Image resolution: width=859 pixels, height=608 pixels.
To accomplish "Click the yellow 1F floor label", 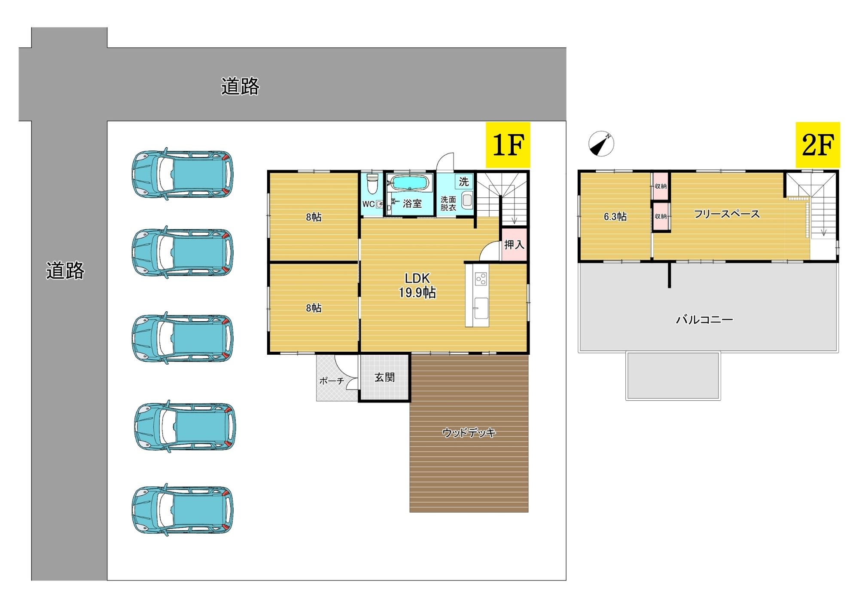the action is click(x=508, y=145).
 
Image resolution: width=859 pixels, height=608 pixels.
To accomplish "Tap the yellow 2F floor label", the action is click(x=818, y=145).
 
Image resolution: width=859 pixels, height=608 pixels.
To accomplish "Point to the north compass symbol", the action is click(x=601, y=144).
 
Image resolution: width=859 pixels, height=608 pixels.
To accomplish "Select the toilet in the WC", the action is click(x=372, y=184).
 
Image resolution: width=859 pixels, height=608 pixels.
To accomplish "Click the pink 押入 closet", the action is click(x=514, y=245).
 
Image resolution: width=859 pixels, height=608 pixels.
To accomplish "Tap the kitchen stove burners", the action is click(x=481, y=279).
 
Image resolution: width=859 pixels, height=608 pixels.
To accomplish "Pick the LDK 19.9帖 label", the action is click(x=417, y=286).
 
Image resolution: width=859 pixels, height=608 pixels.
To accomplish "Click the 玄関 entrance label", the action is click(x=384, y=378).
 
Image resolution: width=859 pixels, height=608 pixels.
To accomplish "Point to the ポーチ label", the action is click(x=332, y=381).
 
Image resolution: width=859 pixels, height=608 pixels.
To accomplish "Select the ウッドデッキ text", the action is click(x=469, y=433).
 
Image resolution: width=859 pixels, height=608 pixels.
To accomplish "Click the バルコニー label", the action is click(x=704, y=319).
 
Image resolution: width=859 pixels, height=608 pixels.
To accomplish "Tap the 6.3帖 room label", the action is click(x=615, y=217).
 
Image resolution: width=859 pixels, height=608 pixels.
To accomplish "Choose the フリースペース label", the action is click(x=727, y=214).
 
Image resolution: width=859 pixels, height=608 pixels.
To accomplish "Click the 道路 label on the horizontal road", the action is click(x=240, y=86).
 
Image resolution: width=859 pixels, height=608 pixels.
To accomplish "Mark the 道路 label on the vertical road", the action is click(x=65, y=270).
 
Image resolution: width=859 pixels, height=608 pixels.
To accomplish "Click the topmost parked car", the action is click(x=183, y=174).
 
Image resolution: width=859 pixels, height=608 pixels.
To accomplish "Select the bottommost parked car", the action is click(x=183, y=510).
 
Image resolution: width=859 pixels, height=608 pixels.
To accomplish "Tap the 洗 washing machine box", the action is click(x=464, y=181).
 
